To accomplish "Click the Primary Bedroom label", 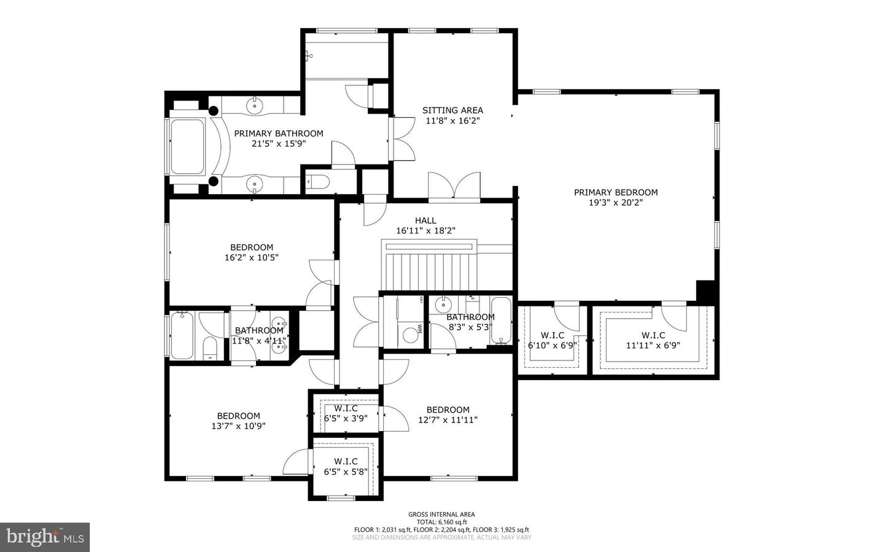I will pyautogui.click(x=615, y=192).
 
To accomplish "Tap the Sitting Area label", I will pyautogui.click(x=452, y=111).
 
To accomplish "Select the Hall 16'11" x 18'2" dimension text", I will pyautogui.click(x=425, y=231).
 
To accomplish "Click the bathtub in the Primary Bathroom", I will pyautogui.click(x=188, y=146).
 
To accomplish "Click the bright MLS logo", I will pyautogui.click(x=45, y=537).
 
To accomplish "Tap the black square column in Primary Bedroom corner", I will pyautogui.click(x=706, y=291).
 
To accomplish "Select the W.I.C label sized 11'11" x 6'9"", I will pyautogui.click(x=653, y=335).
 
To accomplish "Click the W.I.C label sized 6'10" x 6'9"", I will pyautogui.click(x=552, y=335).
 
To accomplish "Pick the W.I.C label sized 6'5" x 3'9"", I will pyautogui.click(x=346, y=408).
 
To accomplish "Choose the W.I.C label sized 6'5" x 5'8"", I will pyautogui.click(x=346, y=461).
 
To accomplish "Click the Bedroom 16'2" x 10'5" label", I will pyautogui.click(x=252, y=247).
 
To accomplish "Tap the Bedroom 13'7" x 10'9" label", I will pyautogui.click(x=238, y=416).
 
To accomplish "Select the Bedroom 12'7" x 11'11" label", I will pyautogui.click(x=448, y=410).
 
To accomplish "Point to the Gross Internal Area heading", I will pyautogui.click(x=441, y=515).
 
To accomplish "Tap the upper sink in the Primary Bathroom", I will pyautogui.click(x=255, y=105).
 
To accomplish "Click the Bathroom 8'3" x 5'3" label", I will pyautogui.click(x=470, y=317).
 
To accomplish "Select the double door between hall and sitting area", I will pyautogui.click(x=454, y=186).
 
